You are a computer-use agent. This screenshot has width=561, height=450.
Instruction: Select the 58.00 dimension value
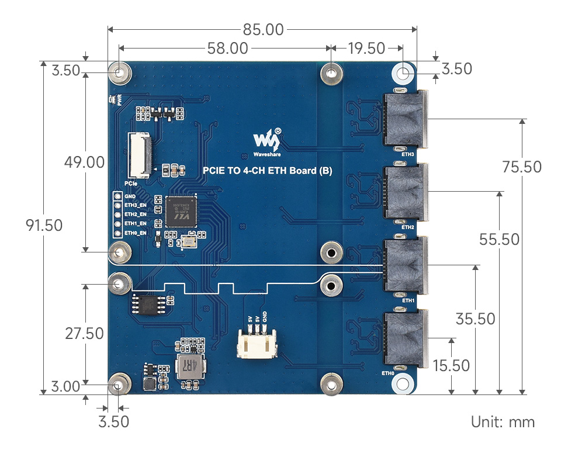pos(227,49)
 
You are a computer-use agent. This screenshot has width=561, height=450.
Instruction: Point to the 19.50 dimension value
pos(366,49)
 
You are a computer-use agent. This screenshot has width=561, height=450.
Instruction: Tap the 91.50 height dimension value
pos(44,226)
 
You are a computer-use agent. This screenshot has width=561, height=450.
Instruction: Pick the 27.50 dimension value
pos(85,334)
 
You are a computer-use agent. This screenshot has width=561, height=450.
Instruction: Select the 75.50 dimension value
pos(522,167)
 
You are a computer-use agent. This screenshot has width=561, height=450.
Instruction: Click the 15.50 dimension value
pos(451,366)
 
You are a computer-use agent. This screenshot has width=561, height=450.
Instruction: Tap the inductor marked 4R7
pos(191,366)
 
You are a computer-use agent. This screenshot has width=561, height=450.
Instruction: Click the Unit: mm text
pos(503,422)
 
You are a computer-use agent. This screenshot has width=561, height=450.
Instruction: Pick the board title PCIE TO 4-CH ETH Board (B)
pos(267,171)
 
